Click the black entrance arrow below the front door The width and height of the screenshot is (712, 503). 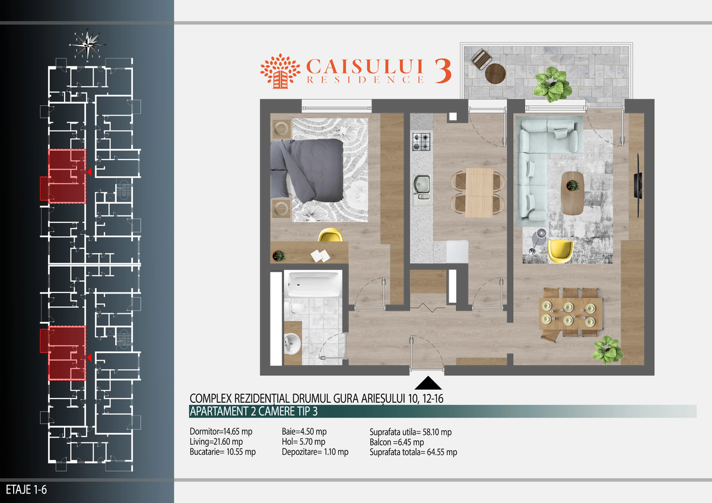tap(428, 383)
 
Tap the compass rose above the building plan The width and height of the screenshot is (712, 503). tap(87, 45)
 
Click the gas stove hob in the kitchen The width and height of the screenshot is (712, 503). tap(421, 141)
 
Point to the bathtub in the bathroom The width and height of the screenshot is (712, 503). tap(313, 284)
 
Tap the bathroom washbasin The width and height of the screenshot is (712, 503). tap(292, 343)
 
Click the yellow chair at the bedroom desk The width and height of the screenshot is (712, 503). tap(330, 235)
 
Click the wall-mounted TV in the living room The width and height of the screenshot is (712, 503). tap(638, 186)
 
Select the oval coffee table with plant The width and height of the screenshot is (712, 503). tap(573, 193)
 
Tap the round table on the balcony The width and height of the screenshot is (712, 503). tap(495, 74)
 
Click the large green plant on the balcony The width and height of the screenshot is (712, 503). tap(552, 84)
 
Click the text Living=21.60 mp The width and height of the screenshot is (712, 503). tap(216, 442)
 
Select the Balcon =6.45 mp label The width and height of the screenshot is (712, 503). tap(396, 442)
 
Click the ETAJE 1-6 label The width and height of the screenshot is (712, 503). tap(26, 490)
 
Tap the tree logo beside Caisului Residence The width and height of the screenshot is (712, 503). tap(280, 71)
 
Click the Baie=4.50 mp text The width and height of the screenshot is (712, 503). tap(304, 431)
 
